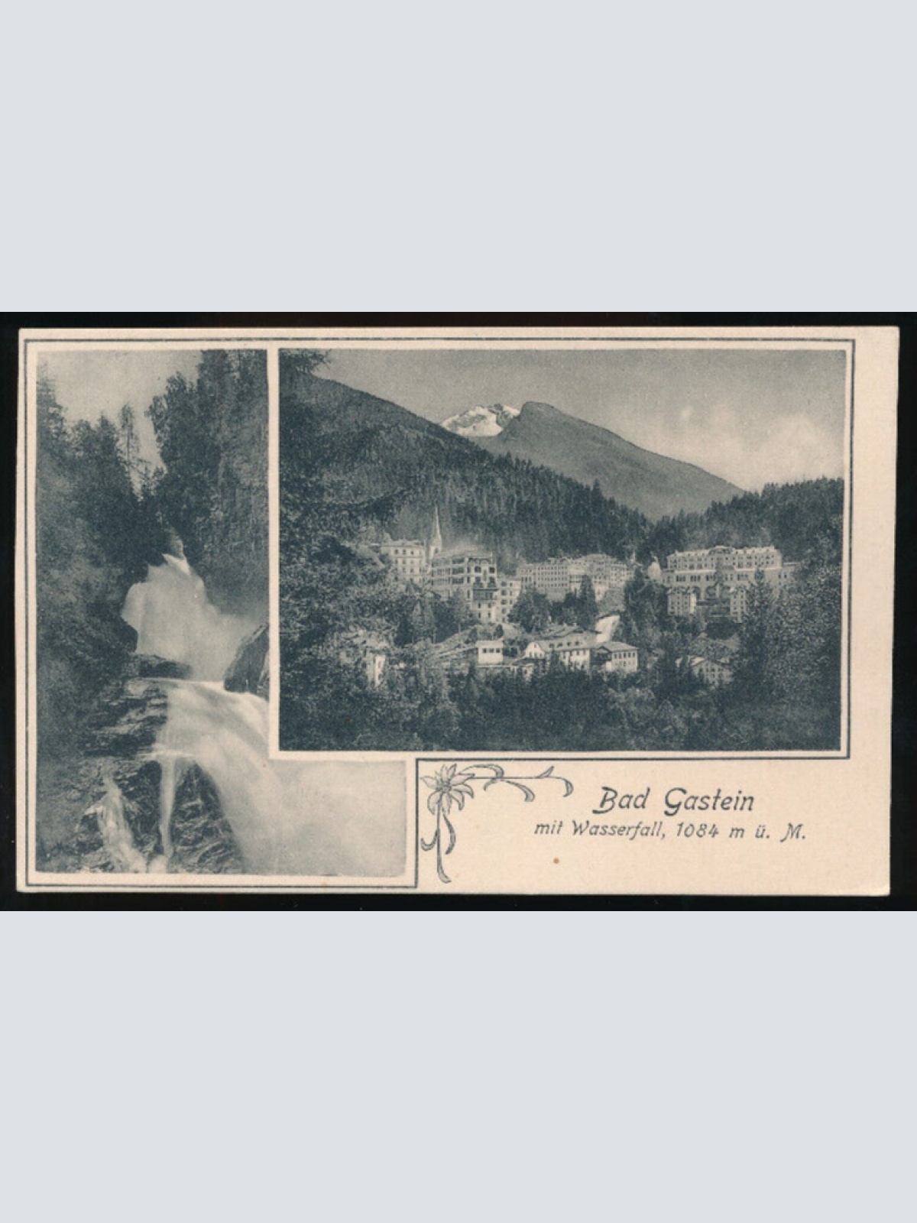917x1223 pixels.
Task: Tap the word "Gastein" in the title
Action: pyautogui.click(x=708, y=801)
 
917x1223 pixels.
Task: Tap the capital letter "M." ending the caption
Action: pyautogui.click(x=792, y=834)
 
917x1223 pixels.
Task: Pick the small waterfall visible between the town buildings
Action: pyautogui.click(x=606, y=628)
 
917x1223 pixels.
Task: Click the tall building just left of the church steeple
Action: pyautogui.click(x=403, y=558)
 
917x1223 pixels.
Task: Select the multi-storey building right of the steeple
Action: pyautogui.click(x=462, y=573)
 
